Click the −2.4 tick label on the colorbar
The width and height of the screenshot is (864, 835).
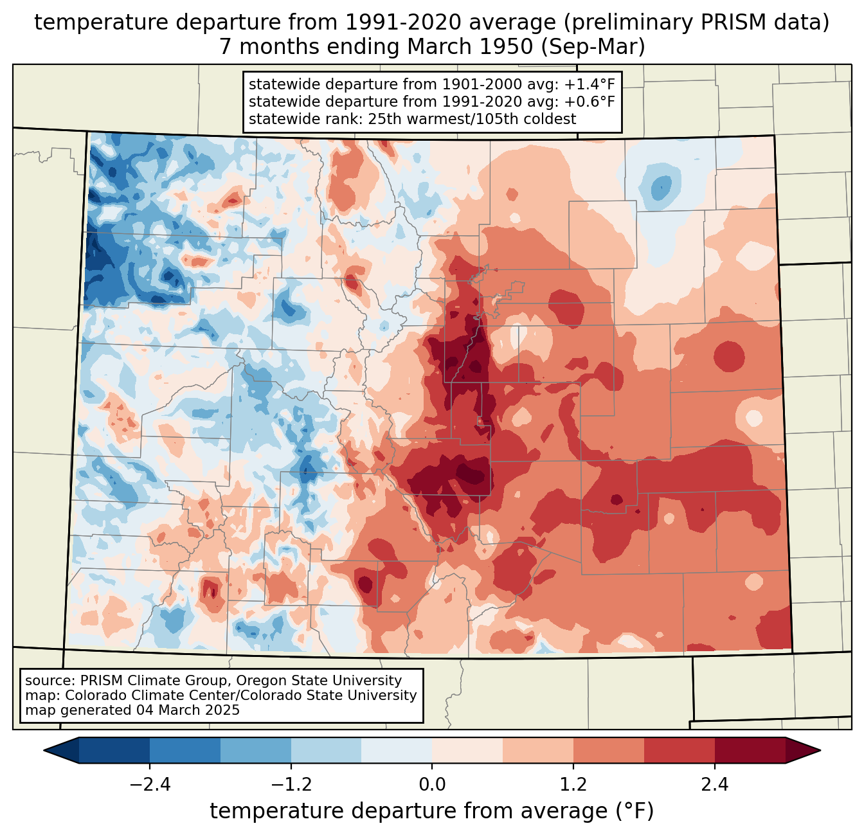[x=150, y=785]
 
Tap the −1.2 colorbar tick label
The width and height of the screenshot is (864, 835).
[x=291, y=785]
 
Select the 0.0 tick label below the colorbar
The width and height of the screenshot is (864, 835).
[x=432, y=785]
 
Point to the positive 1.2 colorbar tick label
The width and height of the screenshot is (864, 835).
[x=573, y=785]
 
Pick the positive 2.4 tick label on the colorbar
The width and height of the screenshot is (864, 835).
[x=714, y=785]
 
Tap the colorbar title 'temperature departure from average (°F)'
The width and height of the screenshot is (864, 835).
[x=432, y=811]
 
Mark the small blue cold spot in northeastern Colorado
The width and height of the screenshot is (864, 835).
[x=660, y=188]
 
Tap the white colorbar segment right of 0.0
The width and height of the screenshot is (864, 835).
[x=467, y=750]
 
